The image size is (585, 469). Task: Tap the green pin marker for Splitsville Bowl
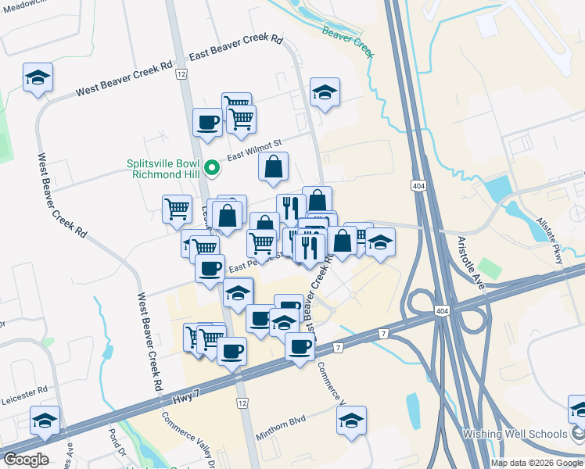pyautogui.click(x=210, y=167)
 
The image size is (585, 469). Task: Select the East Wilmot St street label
pyautogui.click(x=253, y=147)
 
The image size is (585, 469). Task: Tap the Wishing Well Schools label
pyautogui.click(x=526, y=434)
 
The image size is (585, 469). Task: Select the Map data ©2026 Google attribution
pyautogui.click(x=536, y=463)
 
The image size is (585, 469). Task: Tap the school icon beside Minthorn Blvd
pyautogui.click(x=352, y=419)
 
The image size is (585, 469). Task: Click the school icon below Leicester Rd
pyautogui.click(x=45, y=421)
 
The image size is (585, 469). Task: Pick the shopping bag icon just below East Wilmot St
pyautogui.click(x=274, y=166)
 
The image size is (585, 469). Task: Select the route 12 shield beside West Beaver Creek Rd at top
pyautogui.click(x=181, y=73)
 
